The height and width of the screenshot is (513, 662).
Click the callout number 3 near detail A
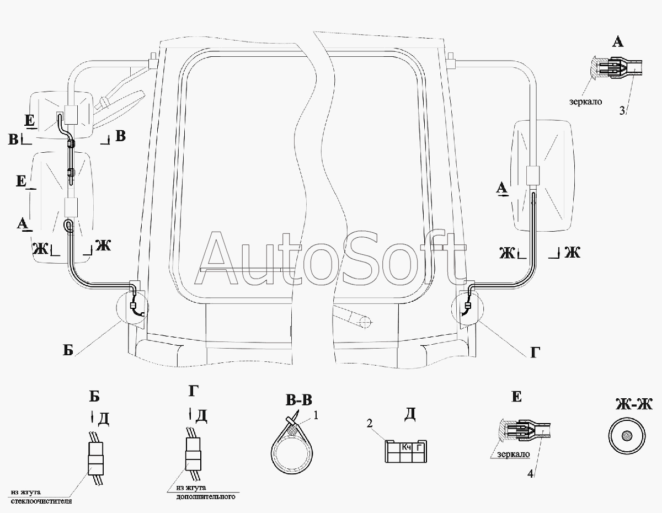click(x=622, y=110)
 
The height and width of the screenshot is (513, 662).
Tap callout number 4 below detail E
click(x=530, y=474)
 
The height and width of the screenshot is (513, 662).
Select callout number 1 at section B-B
click(x=316, y=415)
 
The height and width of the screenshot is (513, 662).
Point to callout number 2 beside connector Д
click(x=370, y=423)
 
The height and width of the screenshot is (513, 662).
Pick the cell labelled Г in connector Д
click(x=420, y=447)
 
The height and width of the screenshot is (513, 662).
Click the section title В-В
click(x=299, y=400)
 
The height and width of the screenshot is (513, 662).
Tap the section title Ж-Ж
click(x=634, y=405)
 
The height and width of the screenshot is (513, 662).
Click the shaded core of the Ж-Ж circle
click(x=627, y=436)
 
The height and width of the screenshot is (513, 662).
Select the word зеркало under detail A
click(x=585, y=101)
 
